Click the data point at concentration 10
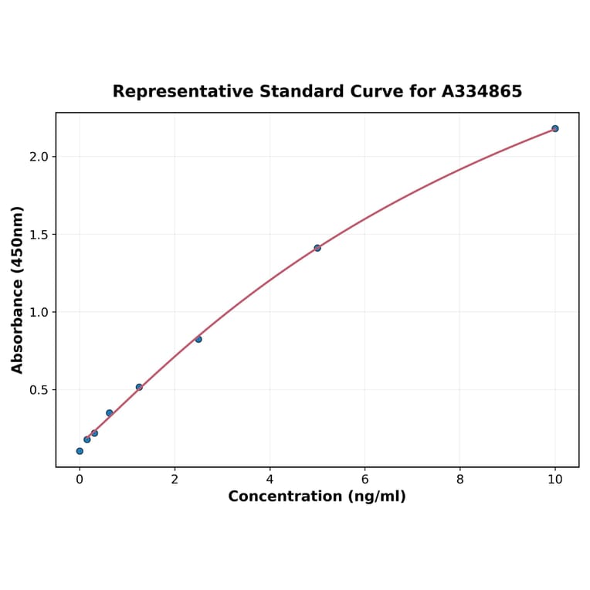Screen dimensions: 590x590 (x=554, y=128)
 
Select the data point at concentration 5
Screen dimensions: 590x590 (x=317, y=248)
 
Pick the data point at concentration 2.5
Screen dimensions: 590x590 (x=198, y=339)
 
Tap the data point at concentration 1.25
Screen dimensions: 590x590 (x=139, y=387)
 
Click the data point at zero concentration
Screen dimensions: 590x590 (x=80, y=451)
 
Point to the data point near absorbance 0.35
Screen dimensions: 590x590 (x=110, y=413)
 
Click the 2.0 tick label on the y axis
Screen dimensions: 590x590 (x=39, y=157)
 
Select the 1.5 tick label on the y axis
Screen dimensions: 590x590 (x=39, y=235)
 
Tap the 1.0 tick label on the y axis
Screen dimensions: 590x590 (x=39, y=312)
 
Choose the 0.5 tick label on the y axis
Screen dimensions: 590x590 (x=39, y=390)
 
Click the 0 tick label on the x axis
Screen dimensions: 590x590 (x=80, y=480)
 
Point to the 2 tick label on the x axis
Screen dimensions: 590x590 (x=175, y=480)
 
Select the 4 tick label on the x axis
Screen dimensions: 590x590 (x=270, y=480)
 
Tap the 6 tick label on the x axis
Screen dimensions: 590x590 (x=365, y=480)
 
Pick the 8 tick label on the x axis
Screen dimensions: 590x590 (x=460, y=480)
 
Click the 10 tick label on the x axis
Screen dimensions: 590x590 (x=555, y=480)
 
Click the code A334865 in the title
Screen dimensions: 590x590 (x=481, y=92)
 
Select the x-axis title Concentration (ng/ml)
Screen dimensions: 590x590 (x=317, y=497)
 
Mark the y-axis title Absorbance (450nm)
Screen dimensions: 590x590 (x=18, y=290)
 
